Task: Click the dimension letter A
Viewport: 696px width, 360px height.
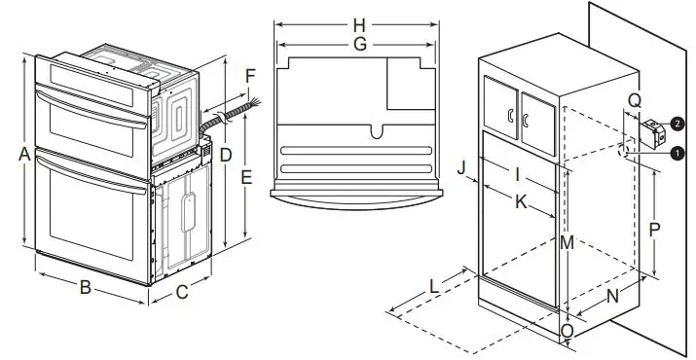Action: (x=22, y=154)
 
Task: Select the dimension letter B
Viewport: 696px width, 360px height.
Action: (x=86, y=287)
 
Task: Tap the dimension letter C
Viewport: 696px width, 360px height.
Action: (x=182, y=290)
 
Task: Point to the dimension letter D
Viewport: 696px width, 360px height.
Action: (x=226, y=155)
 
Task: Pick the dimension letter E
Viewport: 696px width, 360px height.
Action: (x=246, y=178)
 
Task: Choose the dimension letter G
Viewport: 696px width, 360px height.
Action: (x=359, y=45)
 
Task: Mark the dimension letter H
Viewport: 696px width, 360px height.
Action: (x=359, y=24)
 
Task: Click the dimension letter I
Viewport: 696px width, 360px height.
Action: (x=519, y=175)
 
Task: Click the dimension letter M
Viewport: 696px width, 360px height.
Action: (x=568, y=243)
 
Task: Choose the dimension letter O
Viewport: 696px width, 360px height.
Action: (x=567, y=330)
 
